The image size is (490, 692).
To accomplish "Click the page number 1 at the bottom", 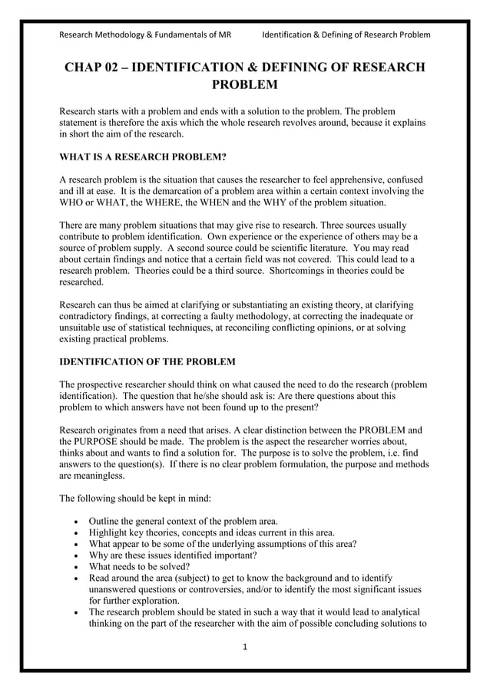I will [244, 648].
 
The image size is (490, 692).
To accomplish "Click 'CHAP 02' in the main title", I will [92, 68].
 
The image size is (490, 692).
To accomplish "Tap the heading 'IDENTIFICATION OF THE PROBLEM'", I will [147, 361].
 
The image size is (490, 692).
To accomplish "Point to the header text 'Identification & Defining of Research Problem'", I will [346, 35].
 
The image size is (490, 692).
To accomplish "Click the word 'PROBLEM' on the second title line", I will [244, 84].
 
